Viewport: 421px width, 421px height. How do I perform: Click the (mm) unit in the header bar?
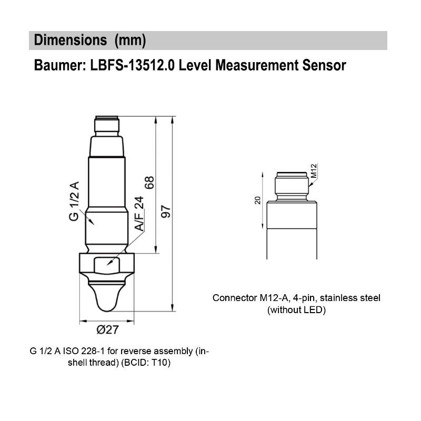pos(130,41)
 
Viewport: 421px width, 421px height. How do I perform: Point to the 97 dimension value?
pos(166,212)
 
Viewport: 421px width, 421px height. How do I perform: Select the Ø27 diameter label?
pos(107,330)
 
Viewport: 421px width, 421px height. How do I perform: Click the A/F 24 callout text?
pos(139,214)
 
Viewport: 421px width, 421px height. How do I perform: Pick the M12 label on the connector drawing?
pos(314,171)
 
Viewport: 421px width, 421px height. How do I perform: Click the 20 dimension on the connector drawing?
pos(257,201)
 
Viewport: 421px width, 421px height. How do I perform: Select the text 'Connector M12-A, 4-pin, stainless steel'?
pos(296,298)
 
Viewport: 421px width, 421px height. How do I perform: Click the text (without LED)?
pos(297,310)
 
